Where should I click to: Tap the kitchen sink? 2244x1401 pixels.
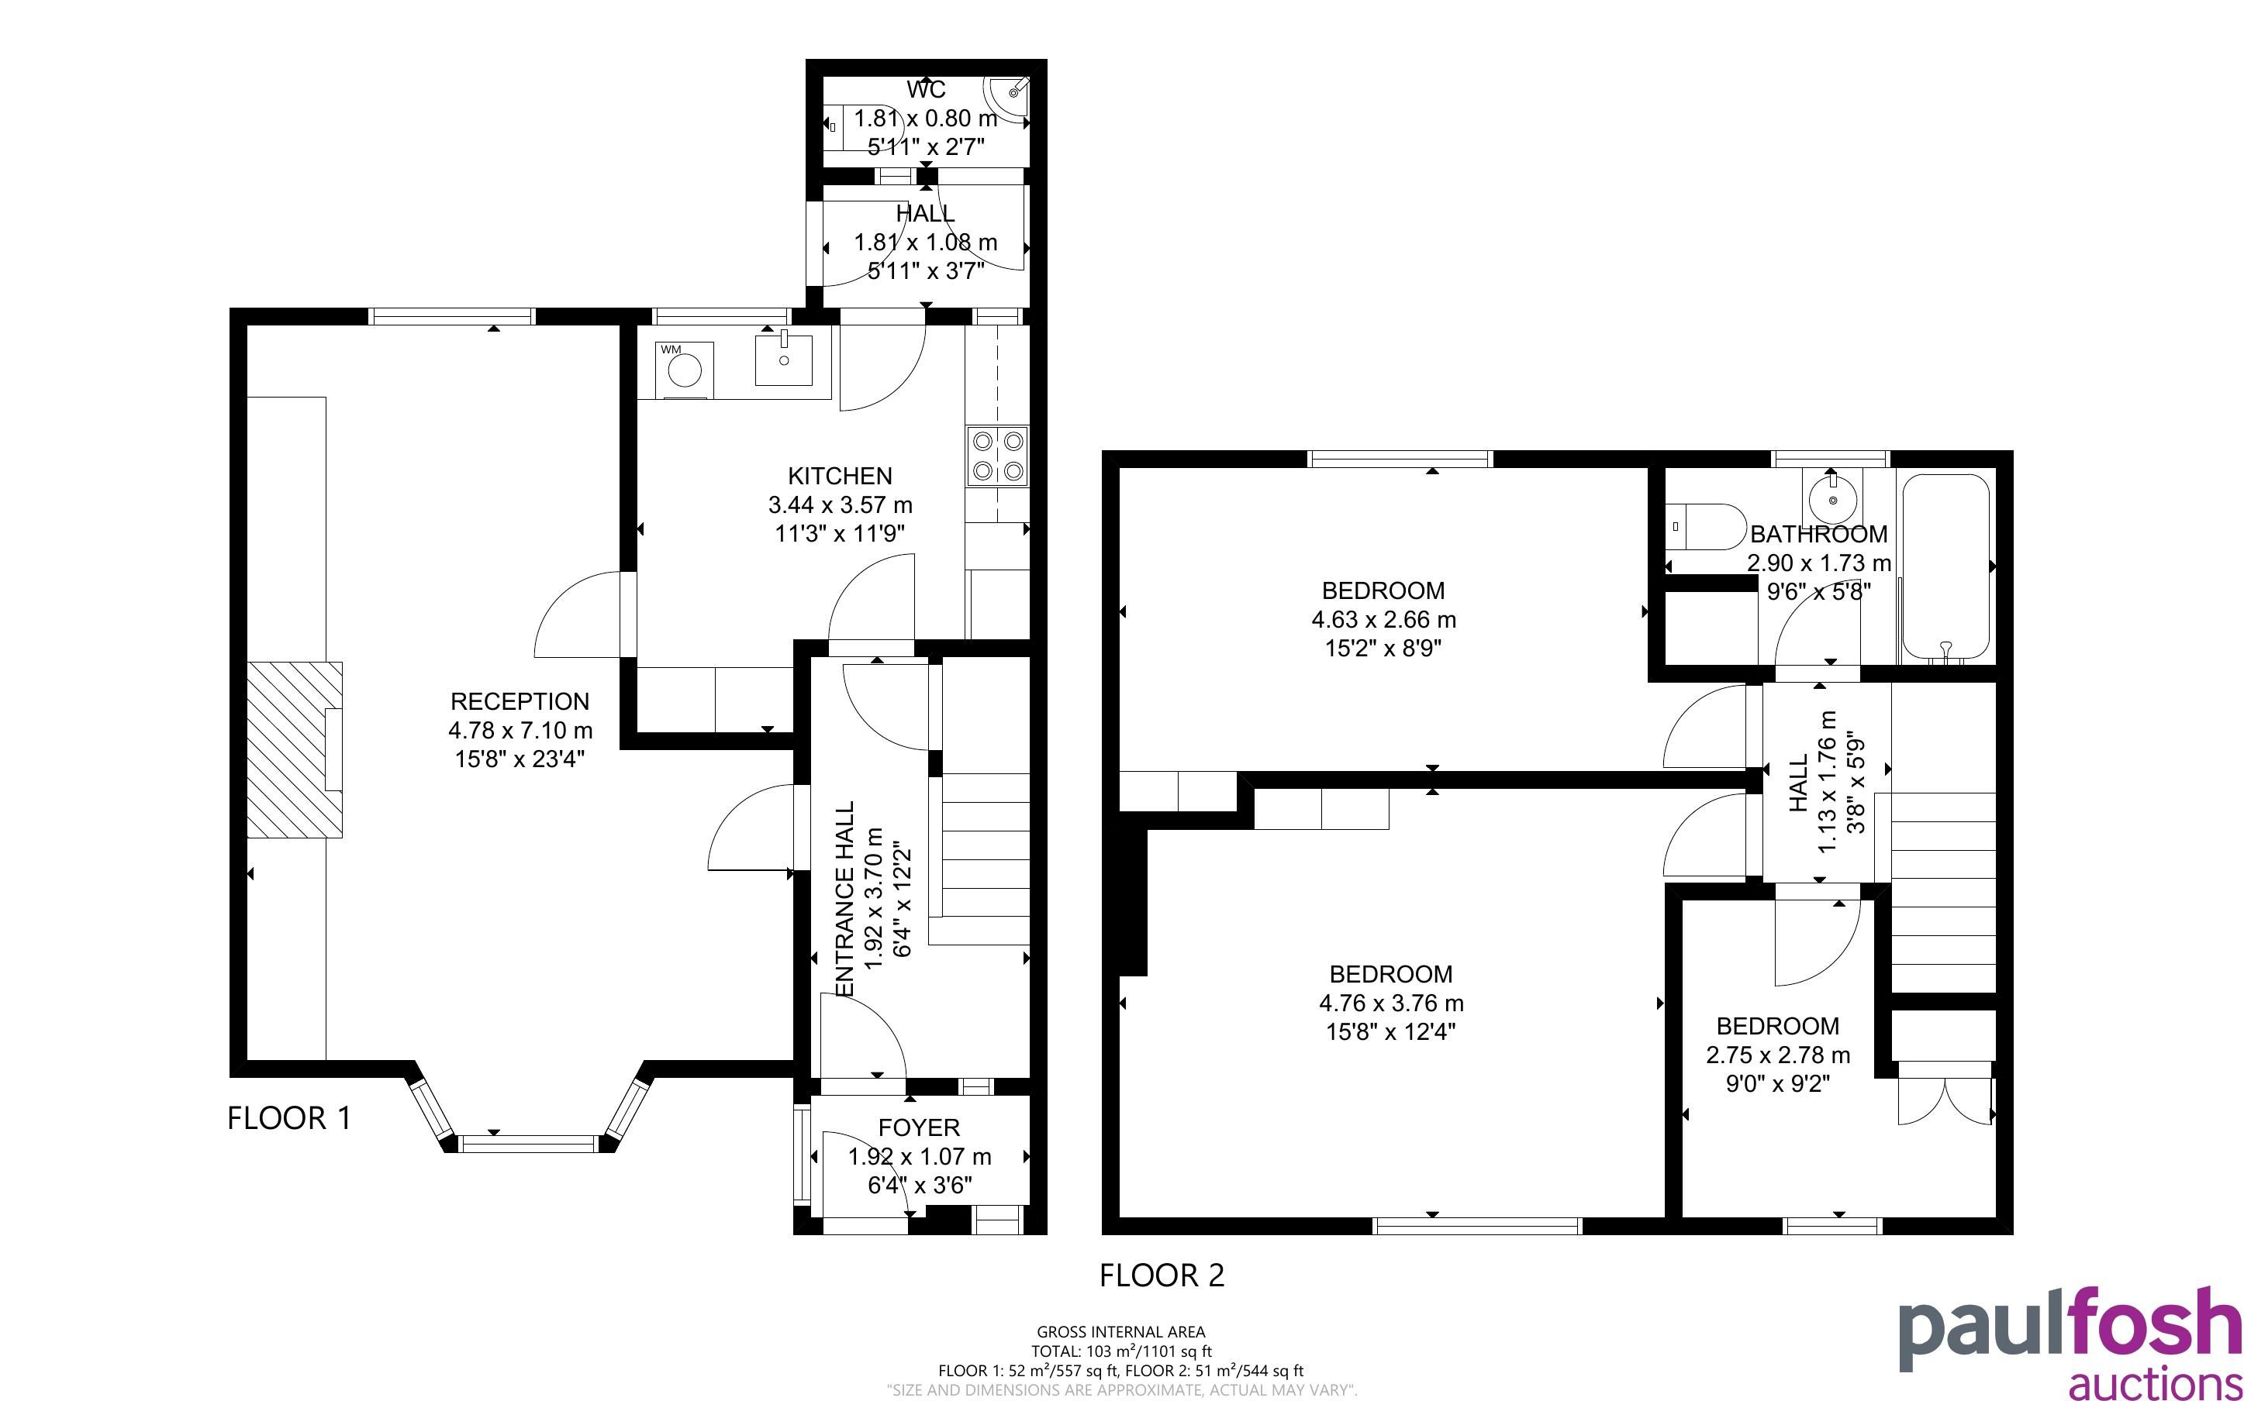click(784, 360)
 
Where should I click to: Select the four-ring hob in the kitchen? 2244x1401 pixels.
click(997, 456)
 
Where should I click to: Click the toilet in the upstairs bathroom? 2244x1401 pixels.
click(1705, 526)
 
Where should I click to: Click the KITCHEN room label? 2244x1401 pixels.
click(840, 477)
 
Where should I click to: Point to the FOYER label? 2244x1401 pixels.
click(919, 1127)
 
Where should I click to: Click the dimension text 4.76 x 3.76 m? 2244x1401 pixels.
click(1390, 1003)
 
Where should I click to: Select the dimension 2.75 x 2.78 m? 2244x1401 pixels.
click(1778, 1055)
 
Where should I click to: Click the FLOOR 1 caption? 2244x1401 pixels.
click(289, 1118)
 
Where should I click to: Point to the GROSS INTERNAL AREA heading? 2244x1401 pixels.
click(1120, 1333)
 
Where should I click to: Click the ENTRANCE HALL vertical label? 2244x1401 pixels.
click(844, 899)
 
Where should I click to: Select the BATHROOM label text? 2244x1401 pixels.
click(1818, 535)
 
